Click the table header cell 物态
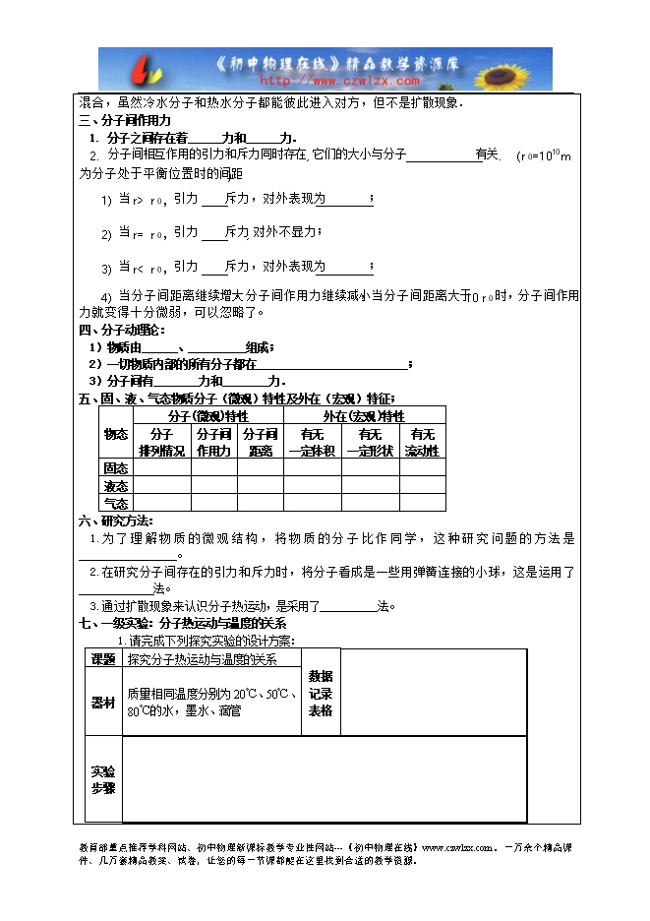115,434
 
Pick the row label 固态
115,468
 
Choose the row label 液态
115,486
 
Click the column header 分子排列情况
161,443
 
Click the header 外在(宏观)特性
364,416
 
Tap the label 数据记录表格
321,693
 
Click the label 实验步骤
102,779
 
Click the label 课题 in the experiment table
102,659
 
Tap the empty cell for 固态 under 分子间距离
260,468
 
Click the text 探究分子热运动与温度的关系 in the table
202,659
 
